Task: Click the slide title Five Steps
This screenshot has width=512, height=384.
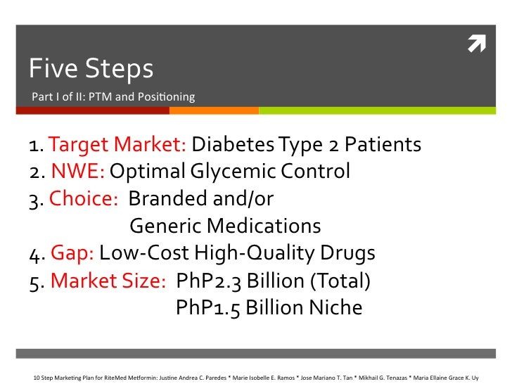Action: click(x=91, y=68)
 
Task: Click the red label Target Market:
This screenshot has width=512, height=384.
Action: click(x=118, y=145)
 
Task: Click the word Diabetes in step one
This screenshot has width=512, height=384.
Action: click(x=233, y=145)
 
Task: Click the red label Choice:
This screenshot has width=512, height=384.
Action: click(x=84, y=199)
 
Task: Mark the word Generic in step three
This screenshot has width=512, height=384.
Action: click(x=166, y=226)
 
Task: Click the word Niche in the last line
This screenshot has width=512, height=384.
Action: click(x=337, y=308)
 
